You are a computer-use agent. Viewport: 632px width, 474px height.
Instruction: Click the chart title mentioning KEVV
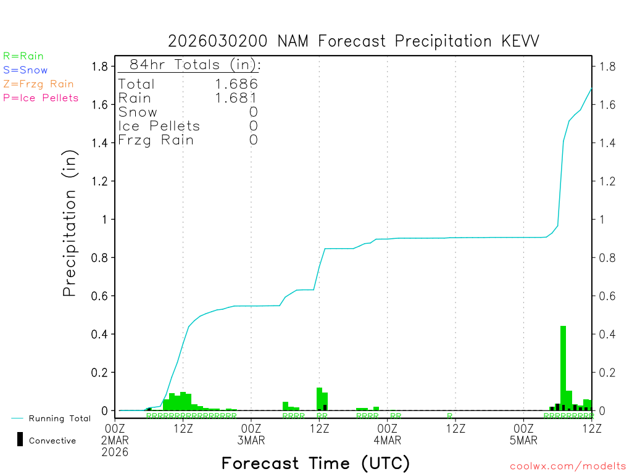pyautogui.click(x=354, y=41)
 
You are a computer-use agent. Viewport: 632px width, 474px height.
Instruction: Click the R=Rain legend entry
pyautogui.click(x=23, y=56)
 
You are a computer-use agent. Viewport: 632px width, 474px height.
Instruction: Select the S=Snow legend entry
pyautogui.click(x=25, y=70)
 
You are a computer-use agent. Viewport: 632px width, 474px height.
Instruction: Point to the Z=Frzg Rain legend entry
pyautogui.click(x=38, y=84)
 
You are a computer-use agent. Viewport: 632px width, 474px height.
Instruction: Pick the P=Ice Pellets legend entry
pyautogui.click(x=41, y=98)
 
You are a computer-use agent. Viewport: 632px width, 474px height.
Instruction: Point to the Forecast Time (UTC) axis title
pyautogui.click(x=315, y=463)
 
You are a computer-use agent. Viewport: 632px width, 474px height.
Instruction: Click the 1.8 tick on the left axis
pyautogui.click(x=100, y=67)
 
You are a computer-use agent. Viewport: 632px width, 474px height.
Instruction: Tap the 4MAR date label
pyautogui.click(x=387, y=440)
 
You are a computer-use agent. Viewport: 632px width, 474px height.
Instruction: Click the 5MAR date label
pyautogui.click(x=523, y=440)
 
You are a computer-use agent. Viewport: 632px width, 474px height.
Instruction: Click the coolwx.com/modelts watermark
pyautogui.click(x=568, y=467)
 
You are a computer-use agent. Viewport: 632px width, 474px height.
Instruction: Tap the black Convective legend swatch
pyautogui.click(x=20, y=439)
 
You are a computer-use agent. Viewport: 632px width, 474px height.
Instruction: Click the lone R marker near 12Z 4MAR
pyautogui.click(x=450, y=416)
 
